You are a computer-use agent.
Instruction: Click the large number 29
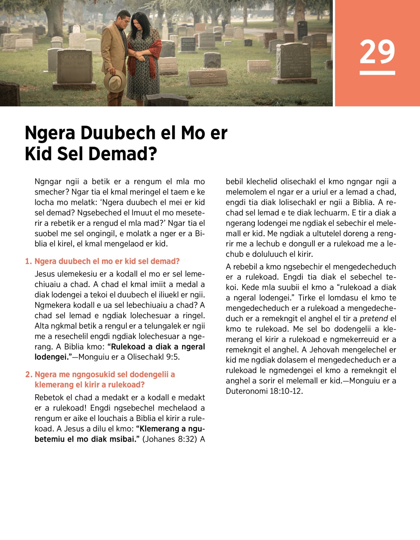(377, 51)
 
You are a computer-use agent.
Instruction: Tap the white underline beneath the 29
(377, 73)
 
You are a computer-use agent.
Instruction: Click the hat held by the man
(115, 80)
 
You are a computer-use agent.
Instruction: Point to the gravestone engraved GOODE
(74, 66)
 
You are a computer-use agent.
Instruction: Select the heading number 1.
(28, 261)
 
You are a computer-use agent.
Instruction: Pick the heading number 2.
(29, 375)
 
